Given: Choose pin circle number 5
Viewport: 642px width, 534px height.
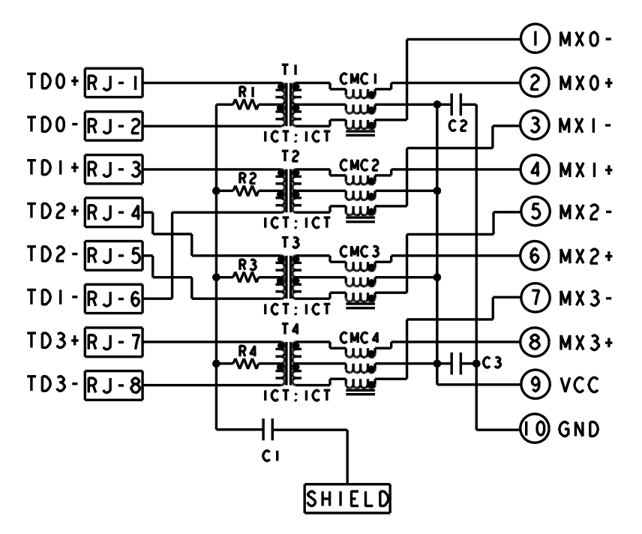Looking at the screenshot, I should point(533,212).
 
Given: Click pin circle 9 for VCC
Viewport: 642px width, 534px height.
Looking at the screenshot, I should point(533,386).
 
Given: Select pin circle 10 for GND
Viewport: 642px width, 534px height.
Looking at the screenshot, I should point(533,430).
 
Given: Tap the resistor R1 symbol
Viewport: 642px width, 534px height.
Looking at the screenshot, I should point(247,105).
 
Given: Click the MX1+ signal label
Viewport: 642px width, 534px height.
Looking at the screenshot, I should point(584,169).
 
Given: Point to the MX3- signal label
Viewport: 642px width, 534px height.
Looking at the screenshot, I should point(584,299).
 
